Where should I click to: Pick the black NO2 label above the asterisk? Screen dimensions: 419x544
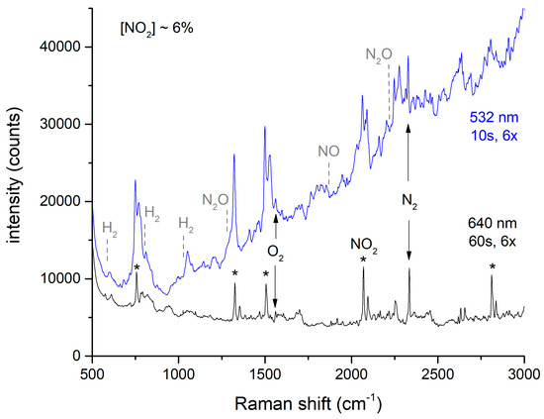tap(363, 242)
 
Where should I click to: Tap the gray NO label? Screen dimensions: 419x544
tap(328, 152)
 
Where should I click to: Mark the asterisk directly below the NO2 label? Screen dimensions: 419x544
tap(363, 261)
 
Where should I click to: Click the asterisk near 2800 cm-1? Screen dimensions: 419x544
tap(492, 267)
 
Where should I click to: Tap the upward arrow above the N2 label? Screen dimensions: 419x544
tap(409, 158)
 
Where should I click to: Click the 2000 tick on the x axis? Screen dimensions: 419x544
tap(351, 373)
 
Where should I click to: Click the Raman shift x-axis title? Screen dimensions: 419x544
tap(307, 403)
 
